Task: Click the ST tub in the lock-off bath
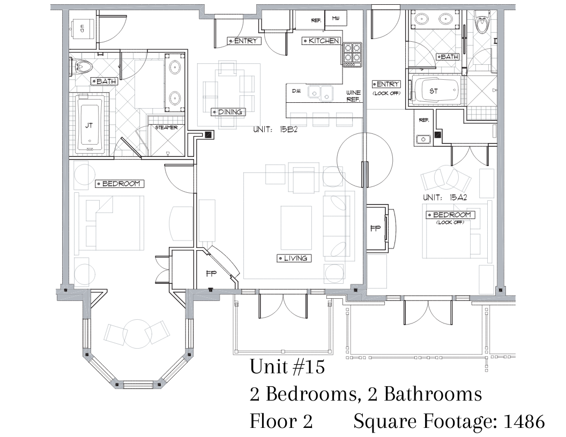coord(435,91)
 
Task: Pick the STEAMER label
coord(166,127)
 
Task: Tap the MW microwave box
coord(336,19)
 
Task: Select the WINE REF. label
coord(353,96)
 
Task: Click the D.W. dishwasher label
coord(296,91)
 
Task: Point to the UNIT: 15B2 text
coord(275,129)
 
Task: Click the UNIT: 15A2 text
coord(445,197)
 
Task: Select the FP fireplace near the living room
coord(212,274)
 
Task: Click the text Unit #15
coord(287,366)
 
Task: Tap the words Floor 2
coord(281,421)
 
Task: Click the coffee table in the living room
coord(296,227)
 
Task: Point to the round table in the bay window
coord(137,334)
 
